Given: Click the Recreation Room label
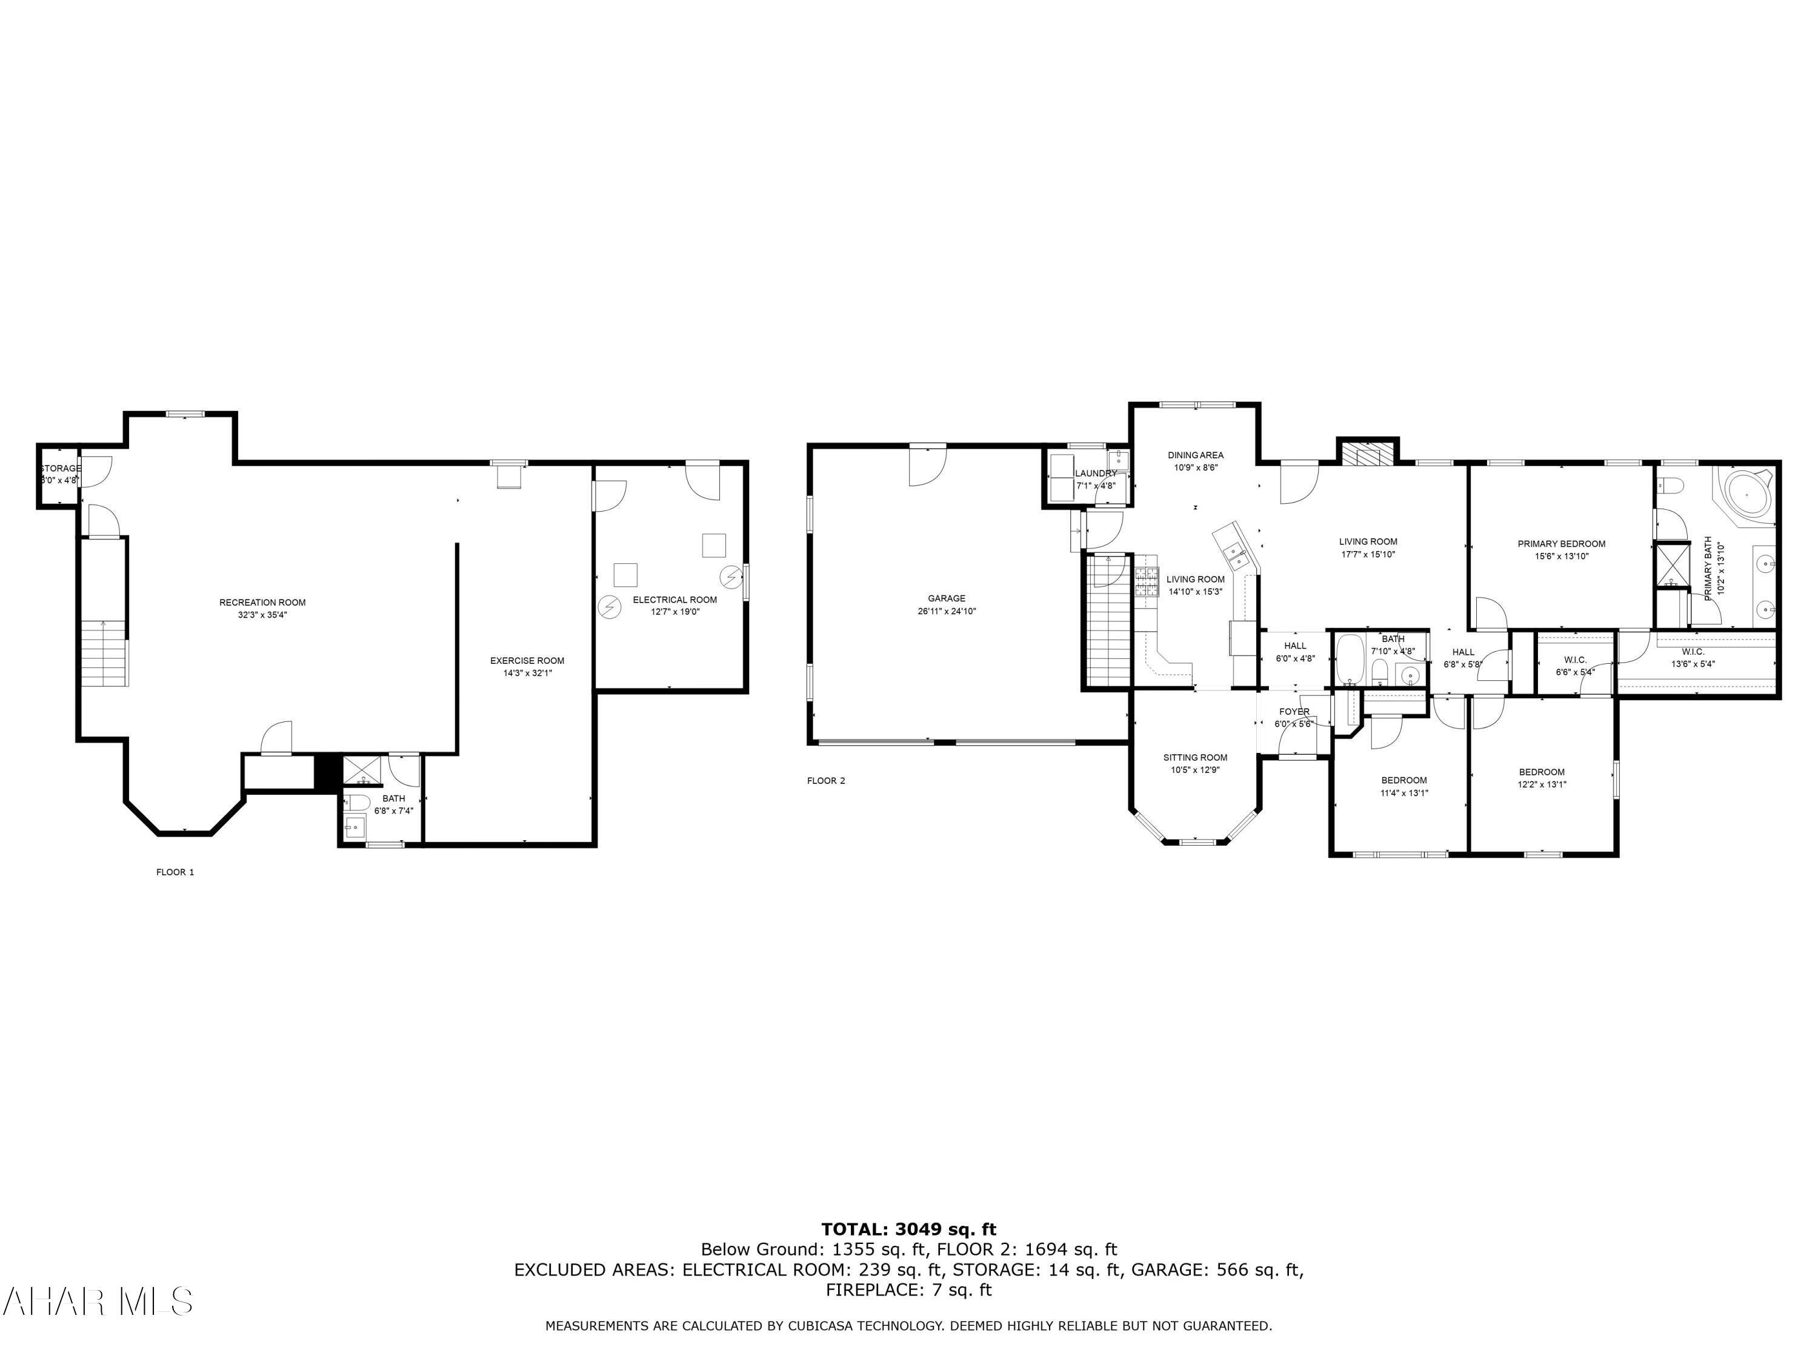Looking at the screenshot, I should click(x=262, y=603).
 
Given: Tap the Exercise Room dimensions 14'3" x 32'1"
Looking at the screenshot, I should click(x=527, y=672).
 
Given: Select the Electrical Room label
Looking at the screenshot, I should click(x=674, y=600).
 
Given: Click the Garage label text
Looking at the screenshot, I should click(x=947, y=598).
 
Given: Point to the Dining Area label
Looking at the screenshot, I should click(x=1195, y=455).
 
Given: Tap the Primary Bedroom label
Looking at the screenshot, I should click(x=1560, y=543).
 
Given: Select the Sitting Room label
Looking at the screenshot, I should click(x=1195, y=757).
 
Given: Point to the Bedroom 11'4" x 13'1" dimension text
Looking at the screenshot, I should click(x=1403, y=794).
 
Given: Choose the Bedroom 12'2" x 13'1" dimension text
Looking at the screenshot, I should click(x=1541, y=784).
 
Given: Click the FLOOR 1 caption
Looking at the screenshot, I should click(x=175, y=872).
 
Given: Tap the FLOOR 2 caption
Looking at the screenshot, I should click(x=826, y=781).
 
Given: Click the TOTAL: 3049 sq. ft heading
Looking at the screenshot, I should click(x=908, y=1229).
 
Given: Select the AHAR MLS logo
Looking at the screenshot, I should click(x=97, y=1302).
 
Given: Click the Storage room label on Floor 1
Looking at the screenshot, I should click(x=61, y=469).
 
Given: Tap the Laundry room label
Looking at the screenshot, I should click(x=1096, y=473).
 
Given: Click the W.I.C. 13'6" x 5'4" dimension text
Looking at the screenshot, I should click(x=1692, y=664).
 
